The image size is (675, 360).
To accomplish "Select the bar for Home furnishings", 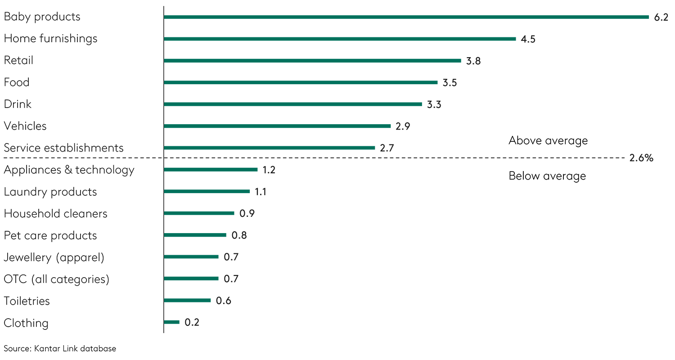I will click(340, 39).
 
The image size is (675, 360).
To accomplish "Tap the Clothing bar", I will click(171, 322).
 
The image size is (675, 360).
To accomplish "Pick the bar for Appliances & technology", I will click(211, 170).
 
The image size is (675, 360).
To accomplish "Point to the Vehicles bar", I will click(277, 126).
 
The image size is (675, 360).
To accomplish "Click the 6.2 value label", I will click(661, 17).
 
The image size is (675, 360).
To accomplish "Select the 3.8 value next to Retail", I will click(473, 61).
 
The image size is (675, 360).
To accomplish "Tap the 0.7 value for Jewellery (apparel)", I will click(231, 257).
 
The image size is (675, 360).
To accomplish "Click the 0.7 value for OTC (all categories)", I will click(231, 279).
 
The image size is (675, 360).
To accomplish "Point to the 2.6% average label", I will click(641, 158).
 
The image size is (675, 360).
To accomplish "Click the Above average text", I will click(548, 141).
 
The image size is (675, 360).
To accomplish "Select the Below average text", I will click(547, 176).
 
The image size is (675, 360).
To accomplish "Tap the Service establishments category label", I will click(63, 148).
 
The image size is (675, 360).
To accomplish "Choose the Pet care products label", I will click(50, 235).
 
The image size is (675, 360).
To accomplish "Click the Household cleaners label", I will click(55, 213).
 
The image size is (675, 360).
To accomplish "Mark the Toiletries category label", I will click(27, 301).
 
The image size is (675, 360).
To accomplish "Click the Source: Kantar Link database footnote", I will click(60, 349).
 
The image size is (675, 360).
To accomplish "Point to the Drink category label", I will click(18, 104).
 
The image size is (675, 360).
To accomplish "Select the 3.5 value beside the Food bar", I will click(450, 83).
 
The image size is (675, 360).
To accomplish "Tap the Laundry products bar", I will click(207, 191).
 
